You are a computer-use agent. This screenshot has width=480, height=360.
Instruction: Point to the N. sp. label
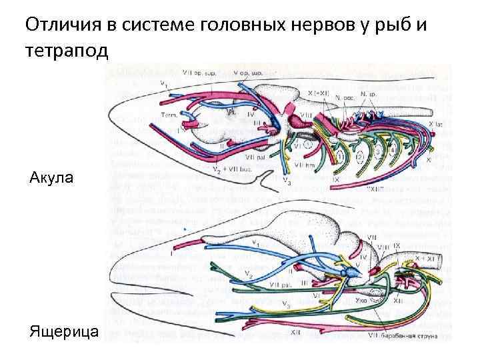pyautogui.click(x=369, y=94)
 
